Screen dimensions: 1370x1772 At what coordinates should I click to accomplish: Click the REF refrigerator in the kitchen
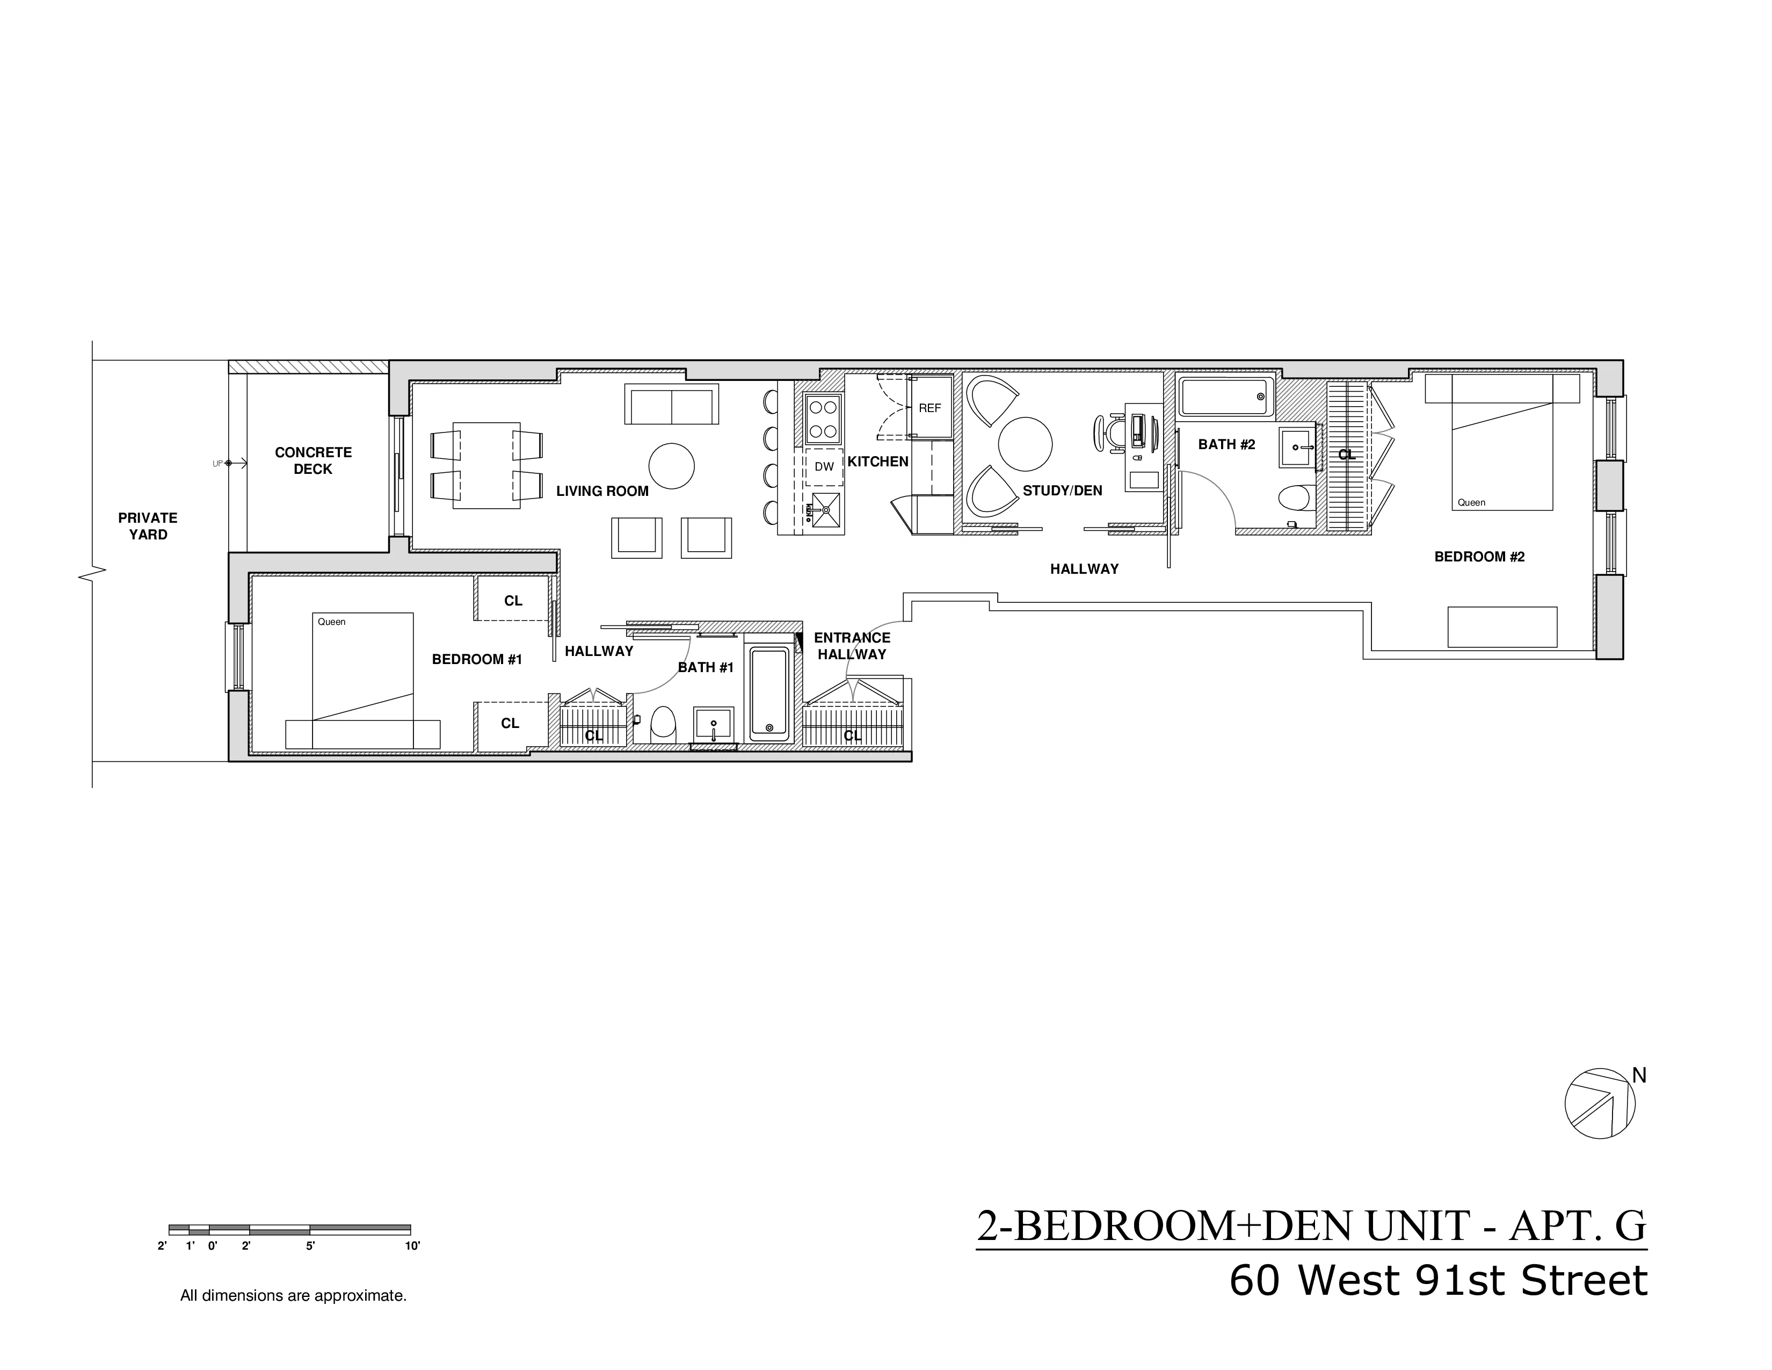coord(930,407)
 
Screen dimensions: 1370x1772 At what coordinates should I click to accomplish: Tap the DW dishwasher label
coord(824,467)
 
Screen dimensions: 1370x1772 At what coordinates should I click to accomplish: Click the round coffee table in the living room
coord(672,466)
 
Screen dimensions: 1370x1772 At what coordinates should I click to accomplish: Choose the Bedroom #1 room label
coord(476,659)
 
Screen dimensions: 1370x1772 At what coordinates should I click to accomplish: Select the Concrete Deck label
coord(313,460)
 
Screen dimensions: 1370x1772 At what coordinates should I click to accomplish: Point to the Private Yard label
coord(148,526)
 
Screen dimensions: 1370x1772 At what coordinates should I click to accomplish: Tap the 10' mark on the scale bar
coord(412,1246)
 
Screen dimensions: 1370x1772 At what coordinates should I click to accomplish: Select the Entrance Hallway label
coord(852,646)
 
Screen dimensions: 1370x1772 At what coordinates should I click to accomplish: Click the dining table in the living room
coord(486,465)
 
